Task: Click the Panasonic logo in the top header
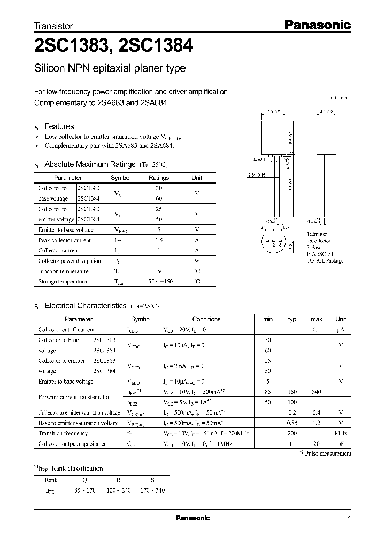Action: [316, 25]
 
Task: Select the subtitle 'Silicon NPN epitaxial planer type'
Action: [110, 68]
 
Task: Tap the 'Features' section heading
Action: [59, 126]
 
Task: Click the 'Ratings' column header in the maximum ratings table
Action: [158, 178]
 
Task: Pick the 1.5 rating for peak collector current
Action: [158, 240]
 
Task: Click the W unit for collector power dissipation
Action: [197, 261]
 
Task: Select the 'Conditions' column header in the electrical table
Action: [206, 319]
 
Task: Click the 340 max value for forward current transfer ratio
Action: [316, 391]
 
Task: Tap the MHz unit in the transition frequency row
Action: [340, 433]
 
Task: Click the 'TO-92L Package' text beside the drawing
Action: [325, 261]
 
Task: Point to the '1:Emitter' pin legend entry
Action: [317, 234]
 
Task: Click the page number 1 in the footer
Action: [349, 518]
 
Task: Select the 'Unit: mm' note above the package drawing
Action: [337, 98]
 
